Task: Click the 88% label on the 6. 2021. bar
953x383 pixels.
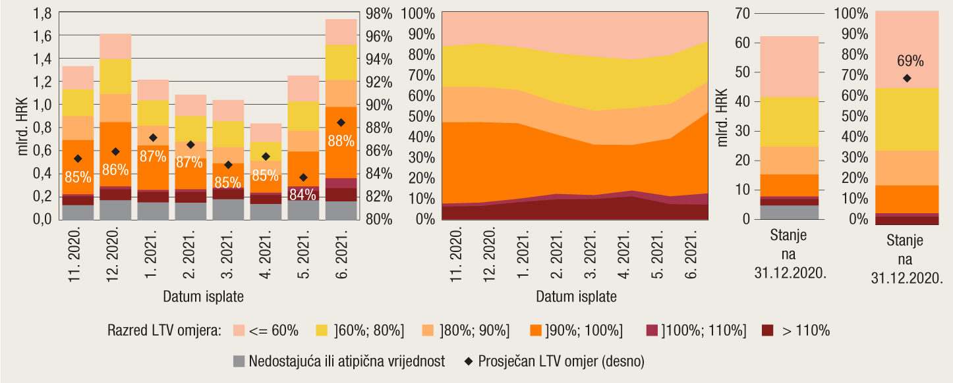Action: [341, 141]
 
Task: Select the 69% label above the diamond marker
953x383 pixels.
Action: [910, 61]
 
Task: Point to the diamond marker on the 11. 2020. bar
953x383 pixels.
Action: [78, 159]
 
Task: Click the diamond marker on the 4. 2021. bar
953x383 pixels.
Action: [266, 157]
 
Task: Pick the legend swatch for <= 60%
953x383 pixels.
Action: [239, 330]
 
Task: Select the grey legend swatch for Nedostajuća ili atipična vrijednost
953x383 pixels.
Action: [239, 361]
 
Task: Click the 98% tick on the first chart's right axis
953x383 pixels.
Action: [378, 13]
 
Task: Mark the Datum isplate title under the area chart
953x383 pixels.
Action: [576, 296]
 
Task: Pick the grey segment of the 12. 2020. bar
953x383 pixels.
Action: [115, 209]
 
